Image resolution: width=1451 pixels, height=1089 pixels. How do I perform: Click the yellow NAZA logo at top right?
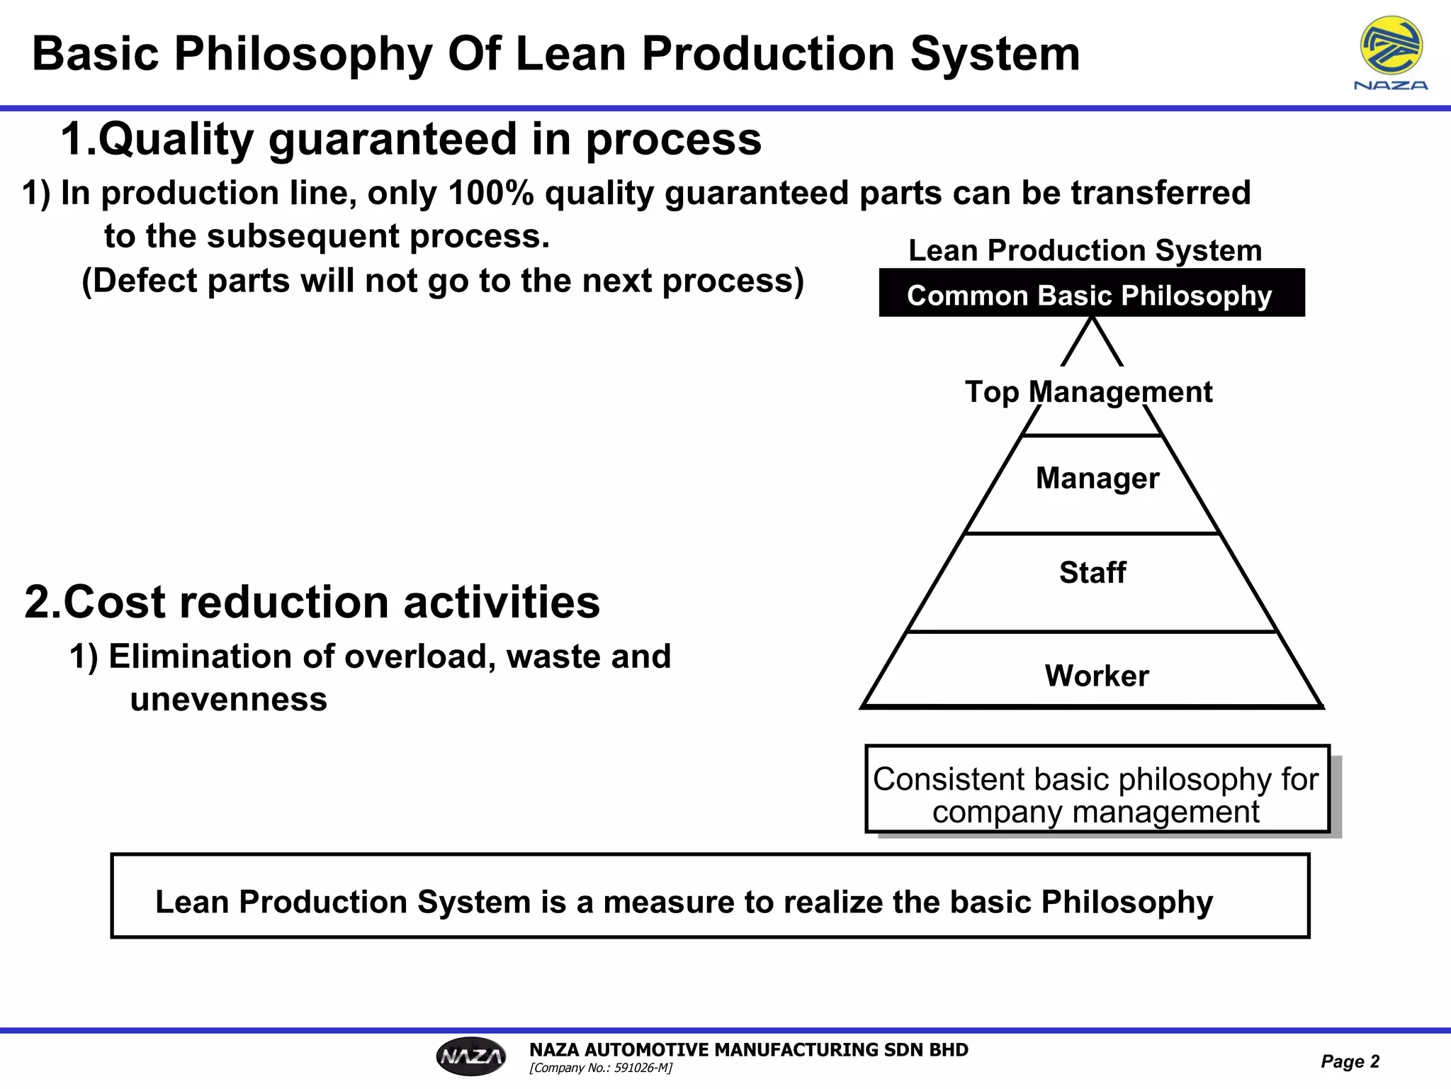tap(1391, 48)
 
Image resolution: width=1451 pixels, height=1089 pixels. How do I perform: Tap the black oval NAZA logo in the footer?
tap(471, 1056)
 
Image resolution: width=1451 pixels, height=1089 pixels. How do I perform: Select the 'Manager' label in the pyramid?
tap(1097, 479)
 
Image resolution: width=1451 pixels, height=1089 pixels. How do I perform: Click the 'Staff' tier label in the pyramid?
tap(1093, 573)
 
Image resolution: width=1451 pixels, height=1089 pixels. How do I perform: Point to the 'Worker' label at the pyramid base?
tap(1097, 676)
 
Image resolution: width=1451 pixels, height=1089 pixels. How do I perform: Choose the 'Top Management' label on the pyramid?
tap(1088, 392)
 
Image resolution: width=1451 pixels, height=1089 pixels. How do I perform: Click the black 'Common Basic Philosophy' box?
tap(1091, 294)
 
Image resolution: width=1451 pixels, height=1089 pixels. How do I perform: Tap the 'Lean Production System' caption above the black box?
tap(1085, 250)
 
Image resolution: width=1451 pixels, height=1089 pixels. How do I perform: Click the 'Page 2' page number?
tap(1350, 1061)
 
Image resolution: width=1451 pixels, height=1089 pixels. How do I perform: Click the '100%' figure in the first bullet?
tap(490, 193)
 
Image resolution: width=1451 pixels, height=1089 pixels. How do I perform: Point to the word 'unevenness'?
tap(228, 700)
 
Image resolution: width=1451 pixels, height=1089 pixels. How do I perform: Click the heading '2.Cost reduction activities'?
tap(312, 602)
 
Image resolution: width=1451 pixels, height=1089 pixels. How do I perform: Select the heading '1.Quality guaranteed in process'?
tap(411, 139)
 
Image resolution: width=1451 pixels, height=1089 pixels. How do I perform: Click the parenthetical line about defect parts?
tap(443, 281)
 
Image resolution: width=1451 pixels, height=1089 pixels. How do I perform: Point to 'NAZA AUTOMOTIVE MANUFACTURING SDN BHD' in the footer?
tap(748, 1049)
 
